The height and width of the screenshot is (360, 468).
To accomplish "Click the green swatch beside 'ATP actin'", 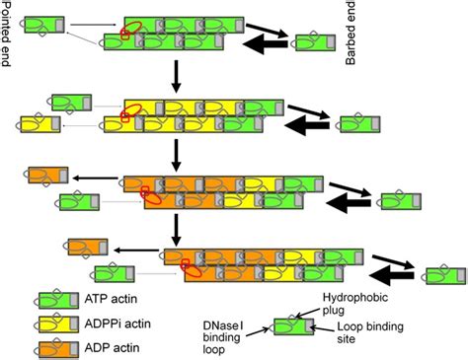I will point(58,299).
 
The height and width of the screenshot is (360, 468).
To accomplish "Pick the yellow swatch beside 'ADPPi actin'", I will point(58,324).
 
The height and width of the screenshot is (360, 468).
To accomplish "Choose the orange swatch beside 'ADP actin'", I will point(58,347).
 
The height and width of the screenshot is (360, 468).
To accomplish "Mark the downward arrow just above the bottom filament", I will point(175,226).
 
